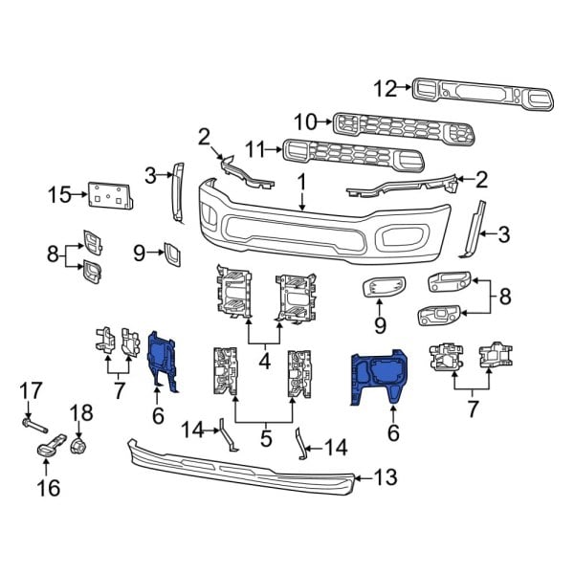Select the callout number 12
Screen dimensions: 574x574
tap(385, 90)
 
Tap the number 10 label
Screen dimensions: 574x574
tap(304, 121)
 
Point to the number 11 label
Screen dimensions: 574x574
tap(254, 148)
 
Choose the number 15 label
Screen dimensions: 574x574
tap(59, 196)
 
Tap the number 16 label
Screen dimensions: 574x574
tap(48, 489)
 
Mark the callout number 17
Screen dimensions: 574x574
tap(31, 389)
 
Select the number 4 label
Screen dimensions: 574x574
tap(263, 362)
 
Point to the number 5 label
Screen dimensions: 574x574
tap(265, 440)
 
